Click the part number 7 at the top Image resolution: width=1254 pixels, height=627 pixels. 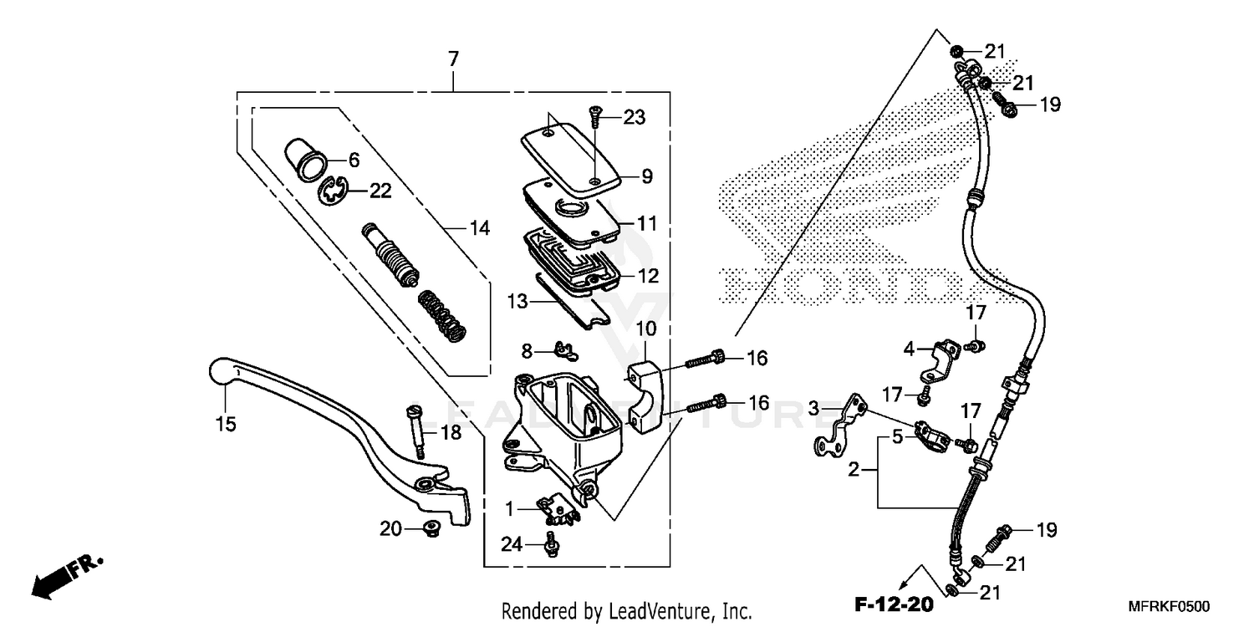(453, 59)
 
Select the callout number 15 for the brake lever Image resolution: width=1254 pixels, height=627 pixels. (224, 424)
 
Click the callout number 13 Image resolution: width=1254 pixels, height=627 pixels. (517, 300)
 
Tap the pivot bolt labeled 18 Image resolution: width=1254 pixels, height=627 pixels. (415, 430)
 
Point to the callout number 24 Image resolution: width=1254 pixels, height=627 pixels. (512, 545)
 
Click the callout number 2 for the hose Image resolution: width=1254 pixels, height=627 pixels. (854, 471)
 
